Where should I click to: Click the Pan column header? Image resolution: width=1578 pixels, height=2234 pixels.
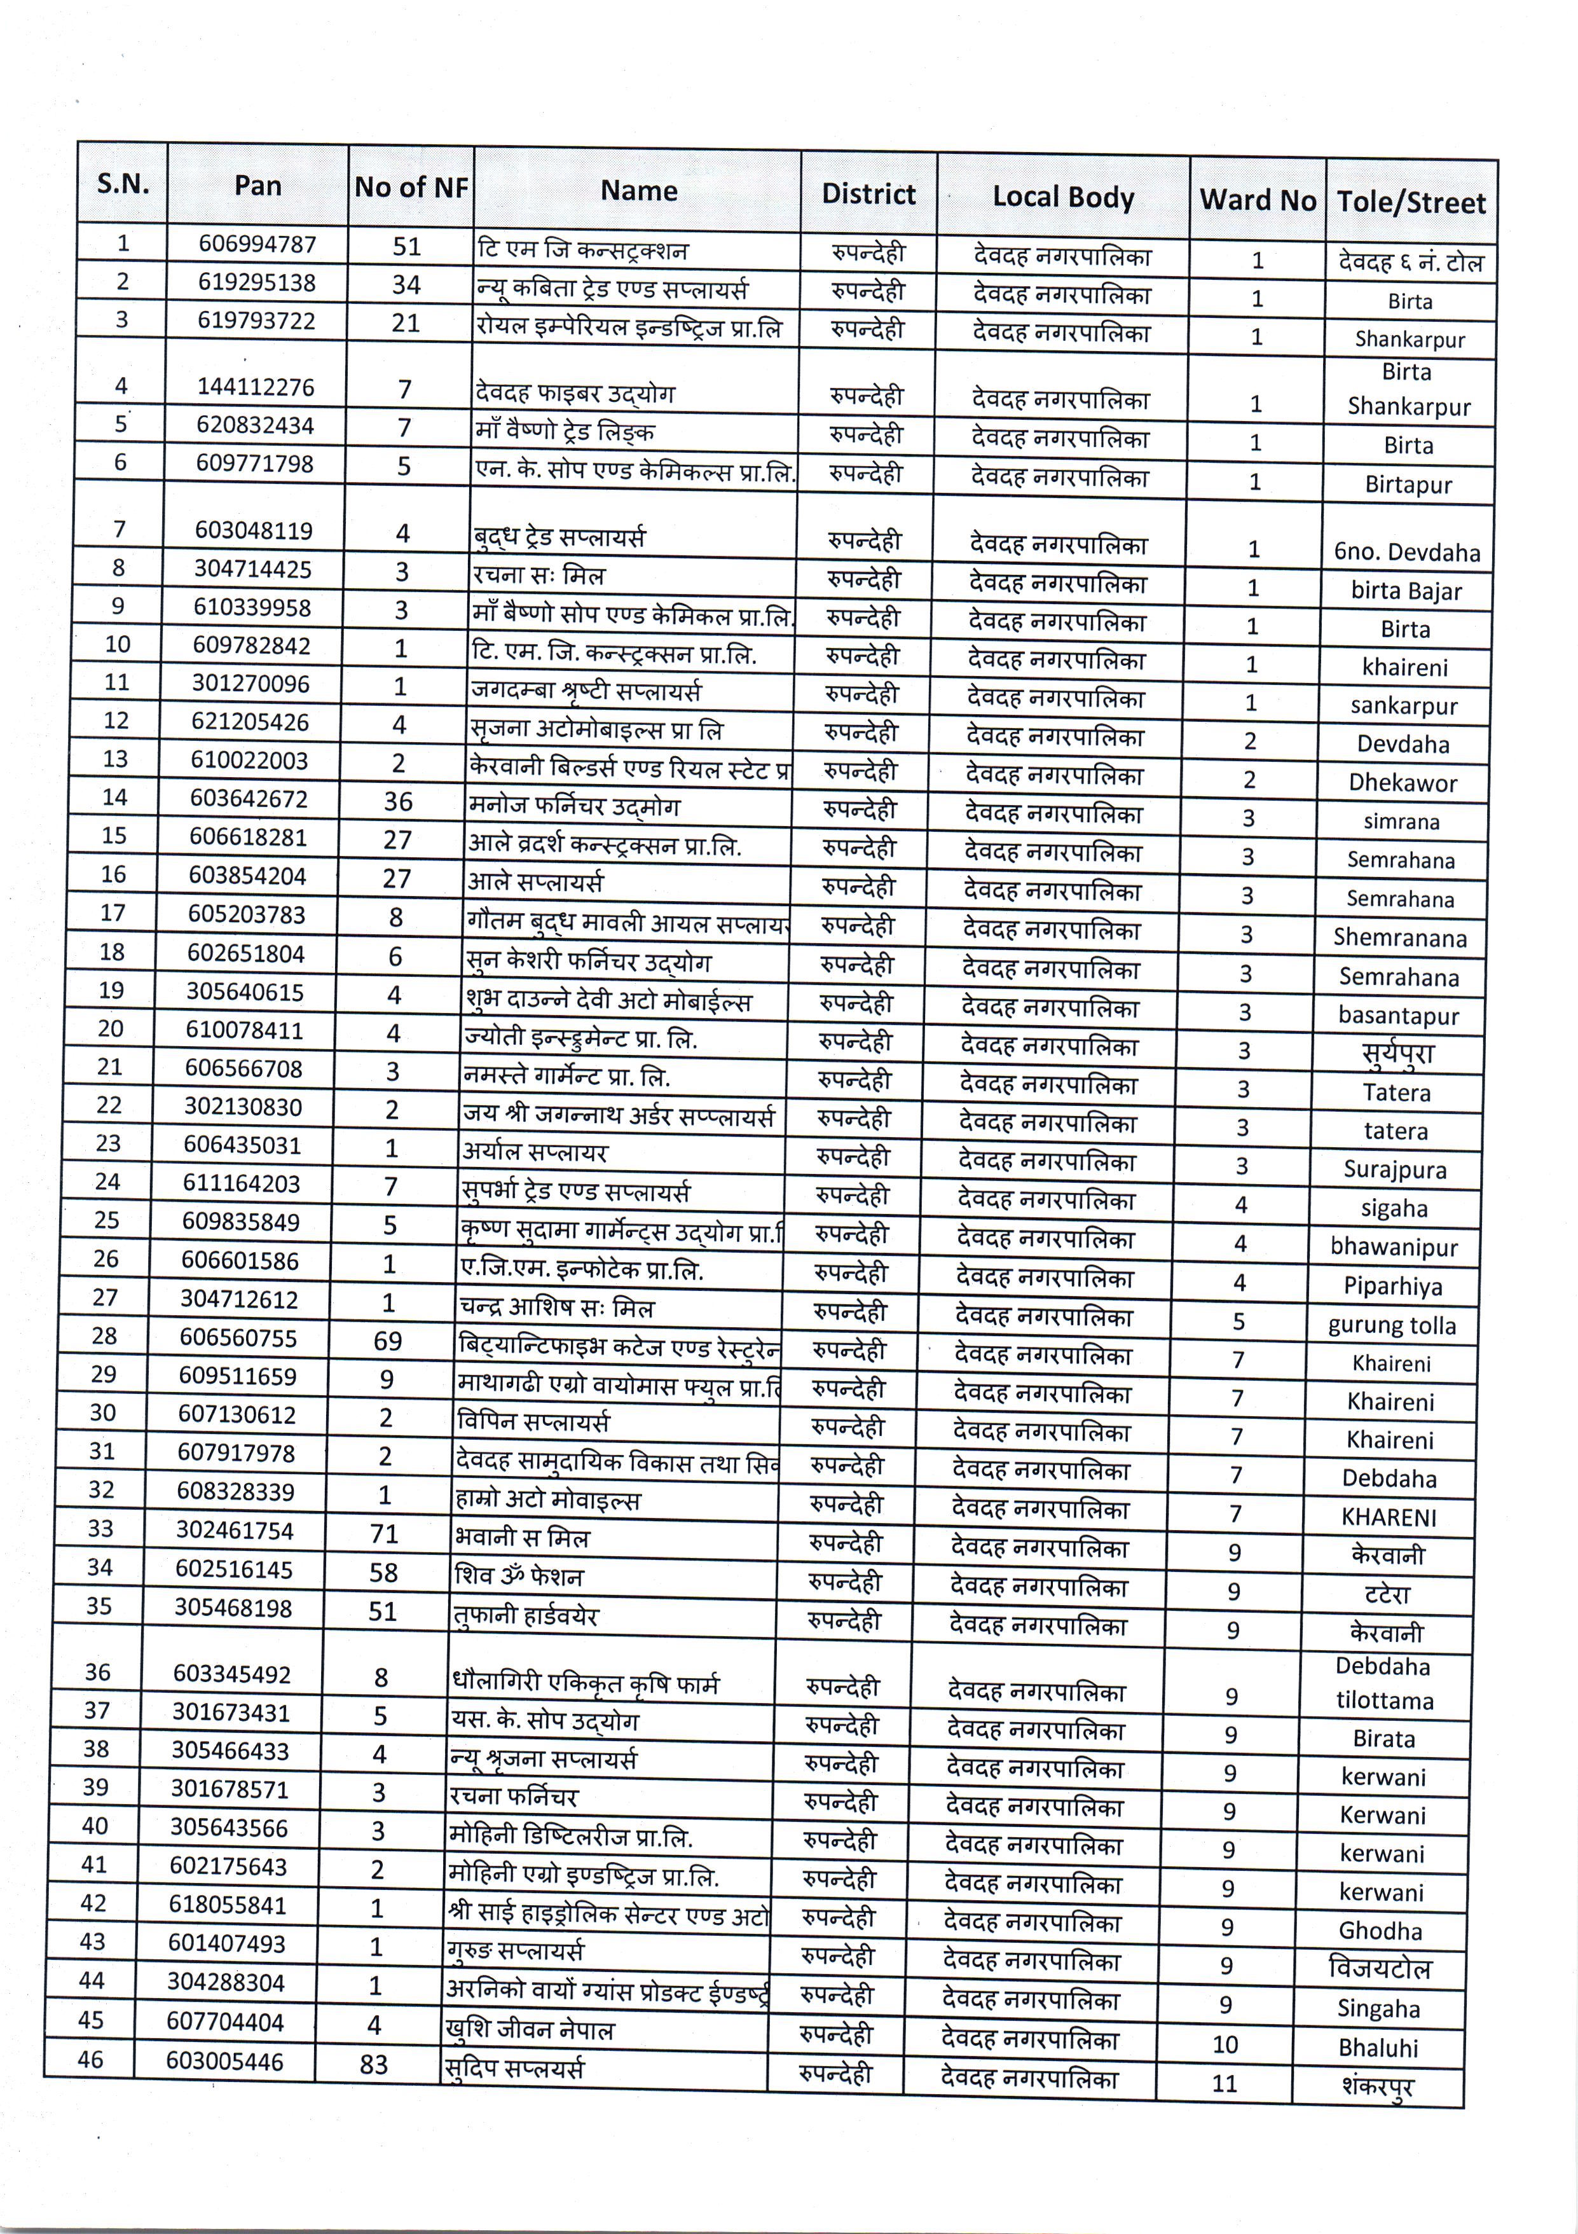click(258, 185)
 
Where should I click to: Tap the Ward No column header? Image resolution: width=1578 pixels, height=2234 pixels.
click(1257, 200)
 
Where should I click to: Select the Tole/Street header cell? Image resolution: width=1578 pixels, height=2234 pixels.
click(1411, 202)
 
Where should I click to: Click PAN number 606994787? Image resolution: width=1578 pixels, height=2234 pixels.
click(258, 244)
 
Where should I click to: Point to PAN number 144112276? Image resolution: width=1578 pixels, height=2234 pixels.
click(256, 387)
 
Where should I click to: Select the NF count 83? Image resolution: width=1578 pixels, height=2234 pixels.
click(374, 2065)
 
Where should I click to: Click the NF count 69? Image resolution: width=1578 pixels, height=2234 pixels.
click(387, 1341)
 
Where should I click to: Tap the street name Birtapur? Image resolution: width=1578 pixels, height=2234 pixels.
click(1408, 485)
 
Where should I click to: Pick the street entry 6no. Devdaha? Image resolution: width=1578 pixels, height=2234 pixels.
click(1407, 553)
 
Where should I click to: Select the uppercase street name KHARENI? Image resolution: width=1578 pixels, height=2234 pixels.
click(1389, 1517)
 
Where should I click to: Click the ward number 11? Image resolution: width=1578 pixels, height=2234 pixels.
click(1224, 2083)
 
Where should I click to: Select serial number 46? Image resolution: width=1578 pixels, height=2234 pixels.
click(90, 2059)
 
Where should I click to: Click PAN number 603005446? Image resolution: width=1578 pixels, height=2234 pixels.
click(224, 2061)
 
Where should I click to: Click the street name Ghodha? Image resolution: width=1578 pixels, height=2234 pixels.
click(1380, 1931)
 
